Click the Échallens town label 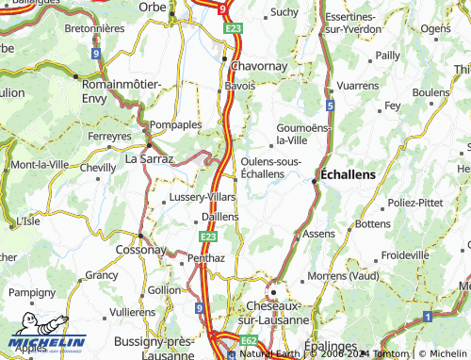tap(348, 175)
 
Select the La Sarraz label tap(150, 160)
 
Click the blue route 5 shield tap(330, 106)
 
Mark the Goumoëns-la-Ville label tap(304, 134)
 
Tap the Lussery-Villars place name tap(201, 197)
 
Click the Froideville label tap(406, 254)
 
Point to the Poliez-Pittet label tap(414, 203)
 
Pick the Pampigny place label tap(32, 293)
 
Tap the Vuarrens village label tap(358, 85)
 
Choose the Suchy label tap(284, 12)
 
